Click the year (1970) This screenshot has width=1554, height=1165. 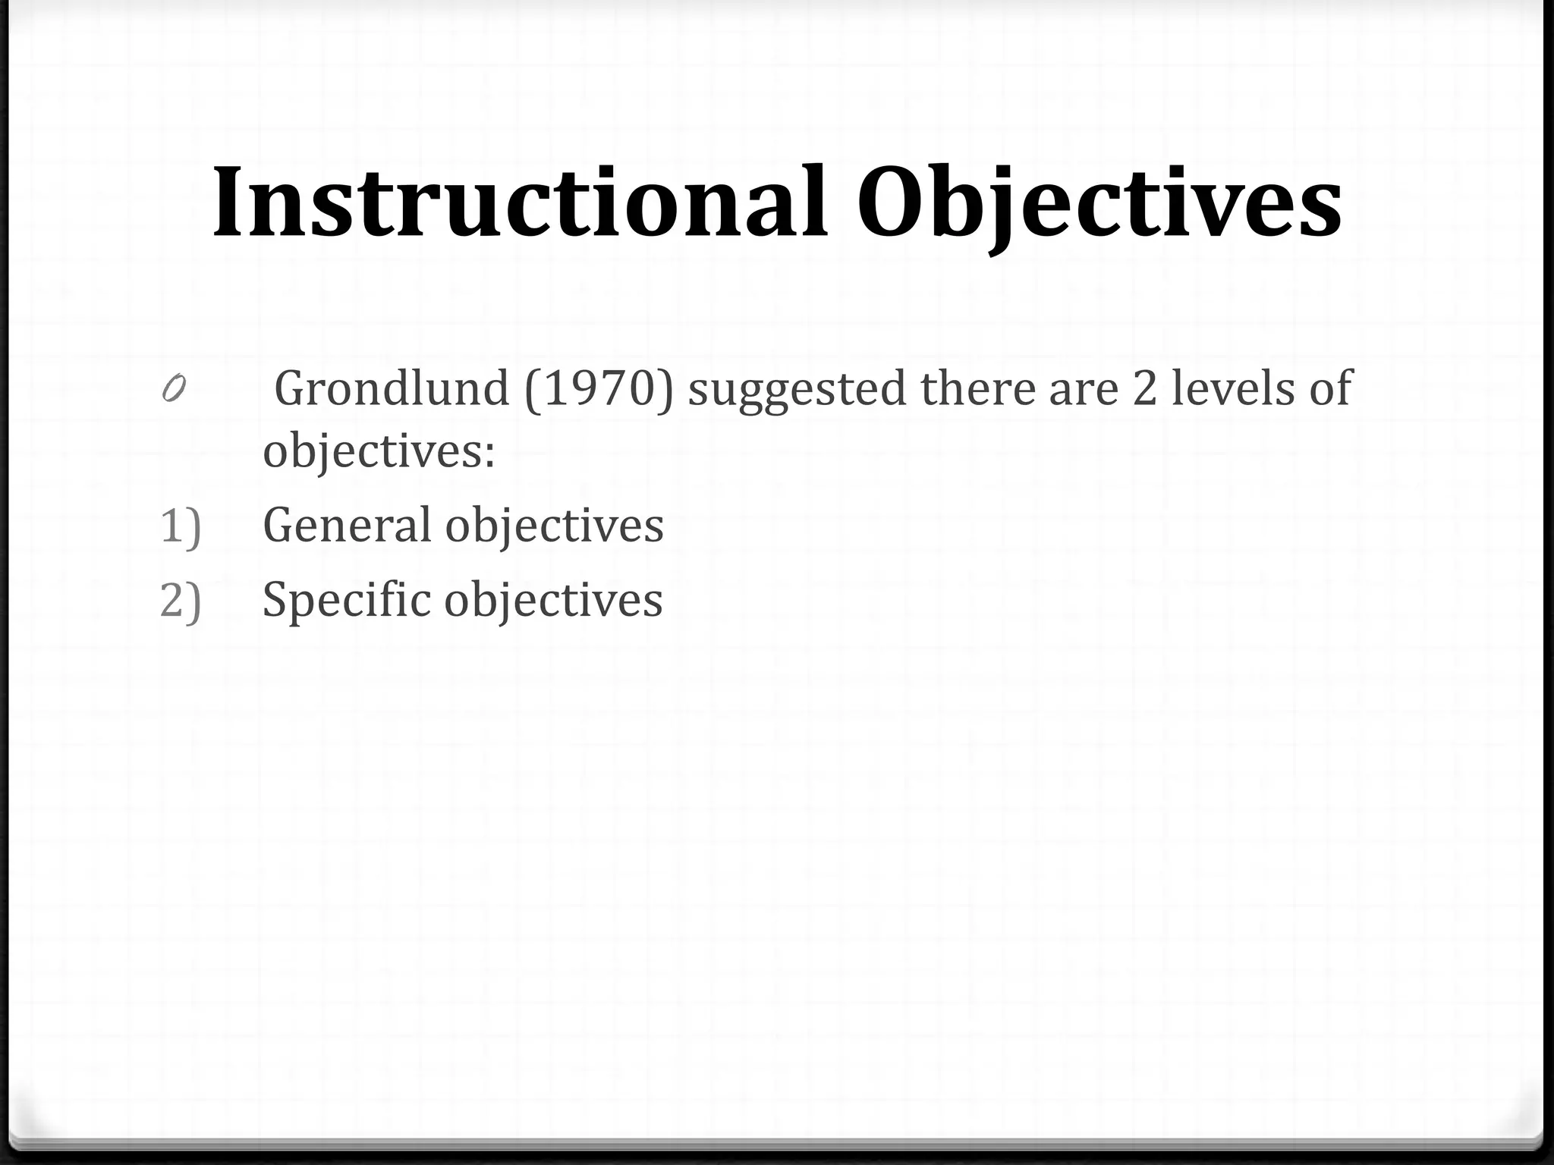tap(599, 389)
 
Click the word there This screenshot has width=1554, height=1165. tap(978, 389)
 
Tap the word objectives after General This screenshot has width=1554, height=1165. tap(554, 526)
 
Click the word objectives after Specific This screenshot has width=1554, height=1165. tap(553, 600)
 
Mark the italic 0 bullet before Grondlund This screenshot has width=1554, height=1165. tap(173, 390)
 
